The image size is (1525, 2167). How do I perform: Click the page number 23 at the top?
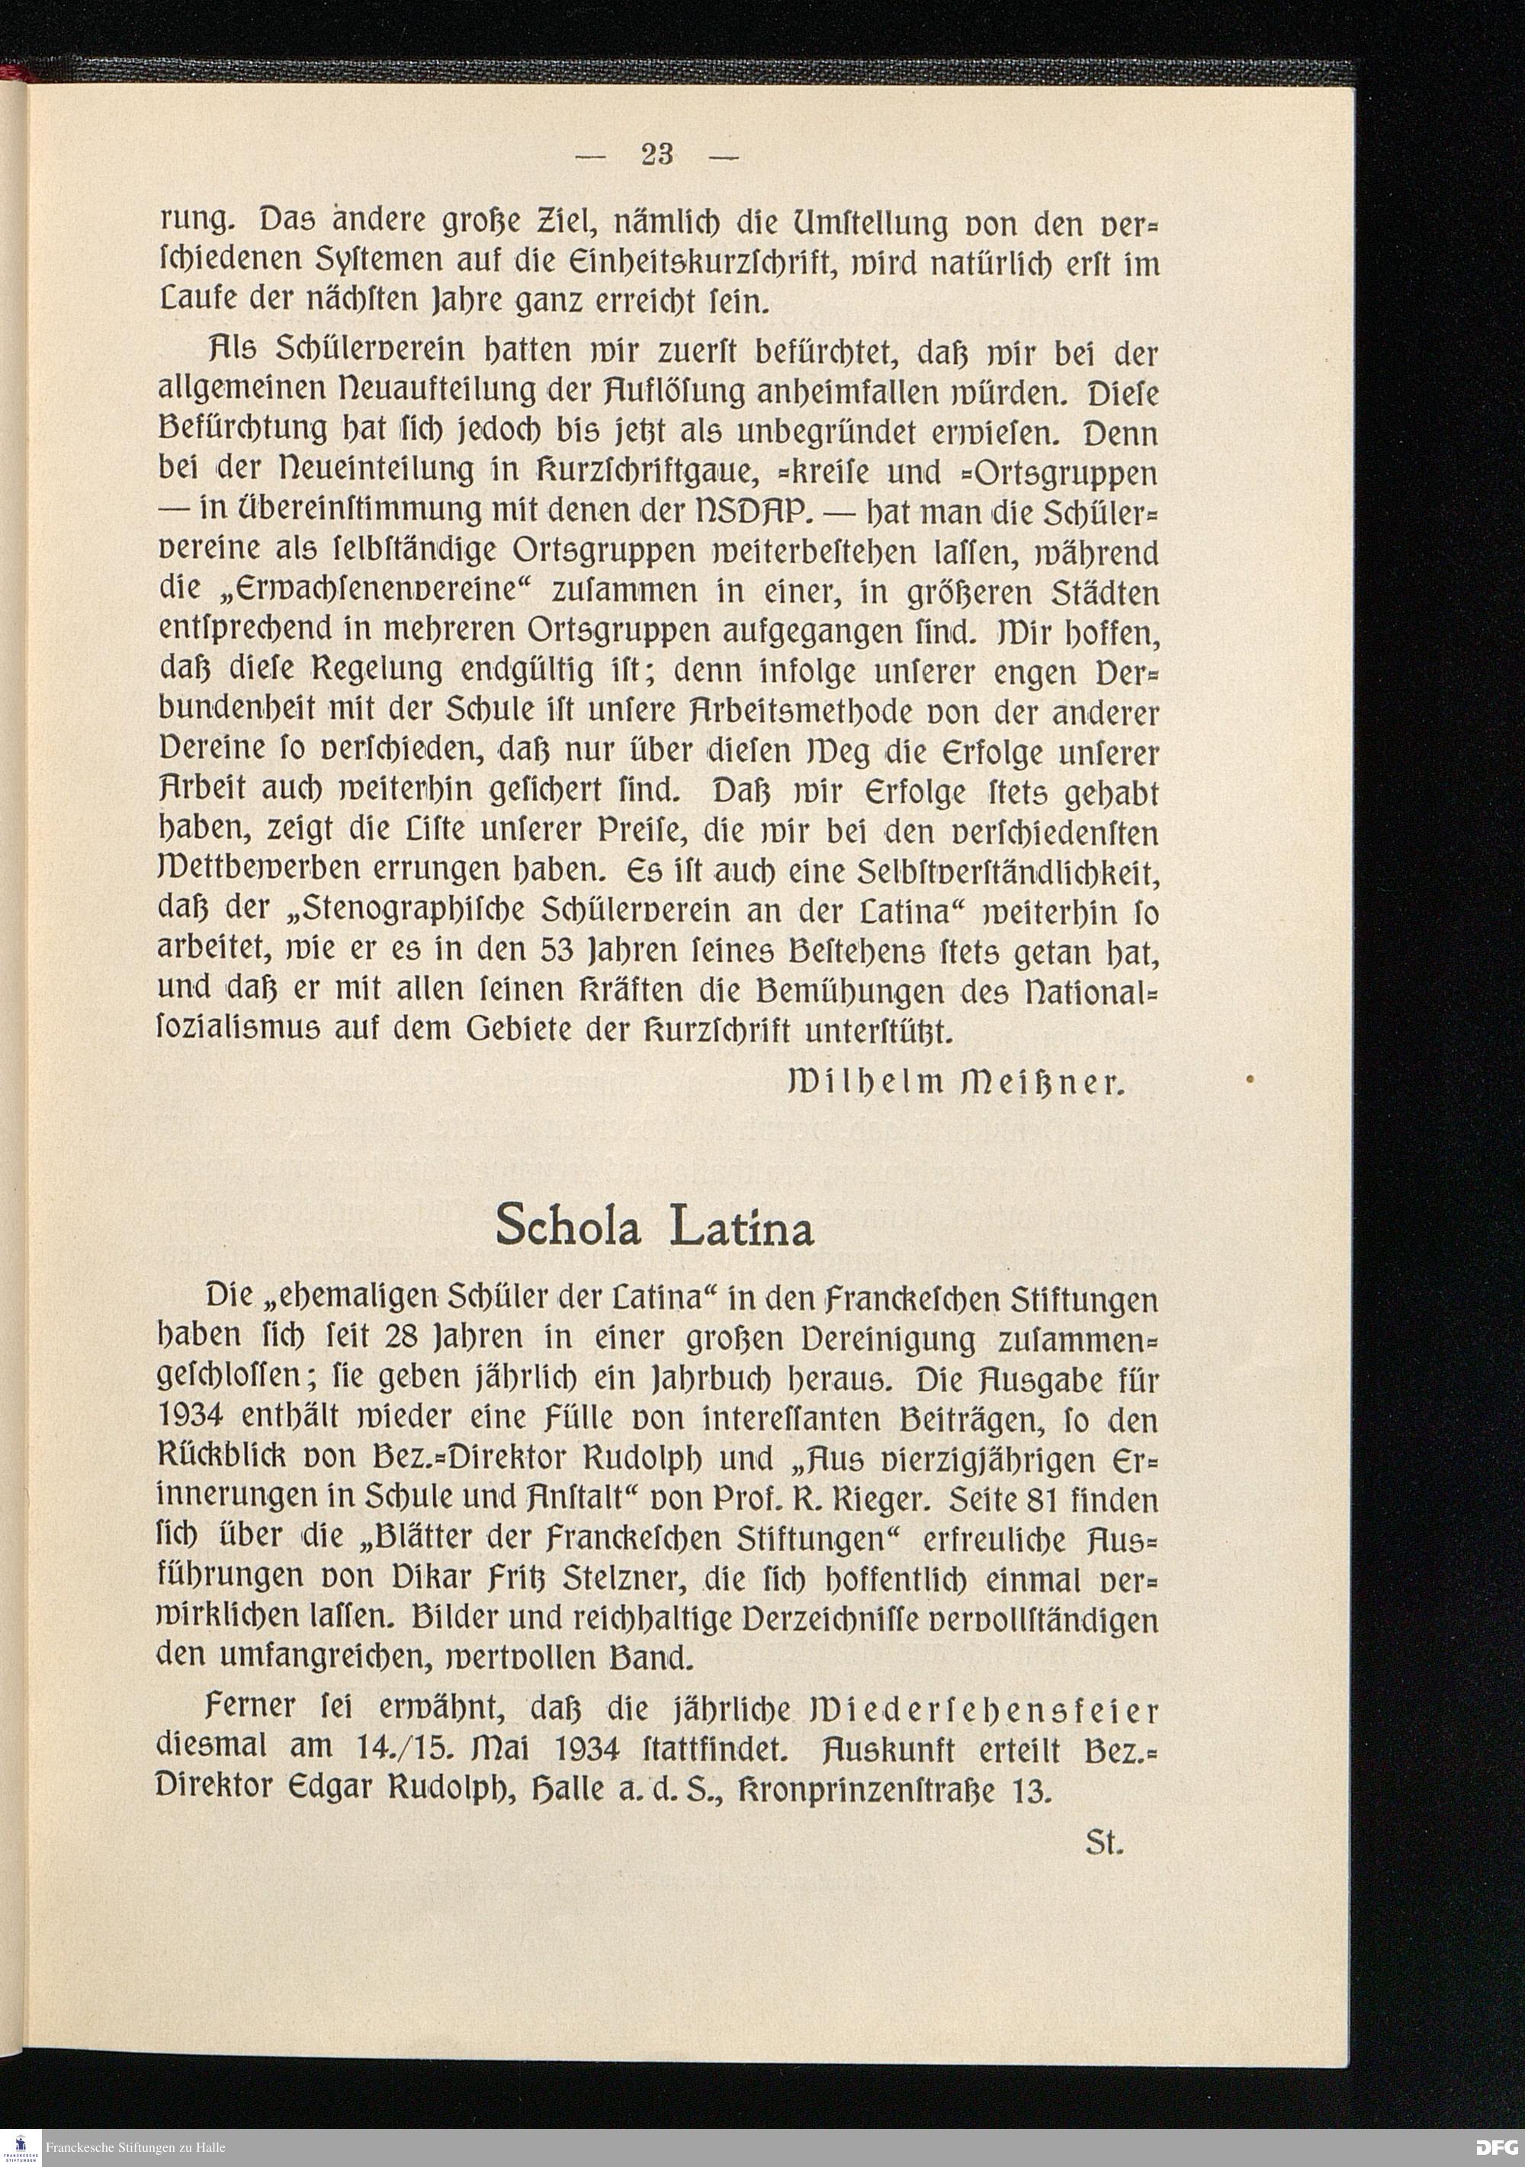(657, 154)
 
